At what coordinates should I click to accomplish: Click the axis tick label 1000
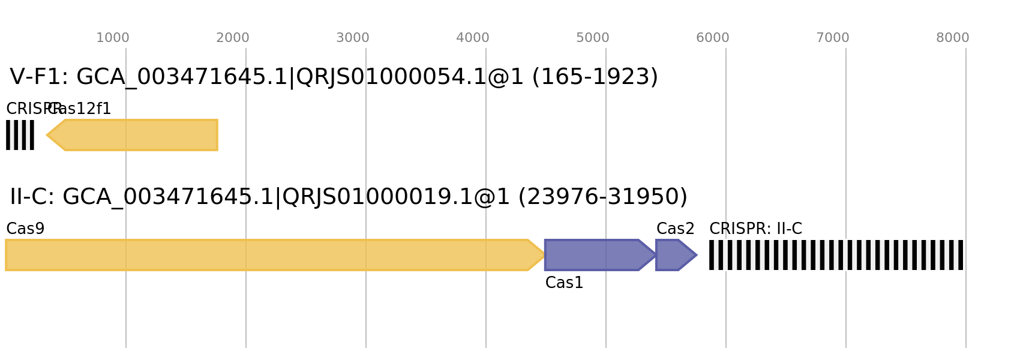coord(112,38)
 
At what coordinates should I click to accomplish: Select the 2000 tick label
coord(232,38)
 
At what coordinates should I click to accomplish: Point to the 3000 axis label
coord(352,38)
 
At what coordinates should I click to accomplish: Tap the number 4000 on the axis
coord(472,38)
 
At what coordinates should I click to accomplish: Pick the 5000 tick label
coord(592,38)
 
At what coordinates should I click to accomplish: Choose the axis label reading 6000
coord(712,38)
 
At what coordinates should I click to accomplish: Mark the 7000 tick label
coord(832,38)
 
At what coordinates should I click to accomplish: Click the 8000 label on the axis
coord(952,38)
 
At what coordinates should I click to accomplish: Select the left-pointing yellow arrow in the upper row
coord(138,135)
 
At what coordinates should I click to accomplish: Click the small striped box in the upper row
coord(20,135)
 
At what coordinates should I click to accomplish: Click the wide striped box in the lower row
coord(836,255)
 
